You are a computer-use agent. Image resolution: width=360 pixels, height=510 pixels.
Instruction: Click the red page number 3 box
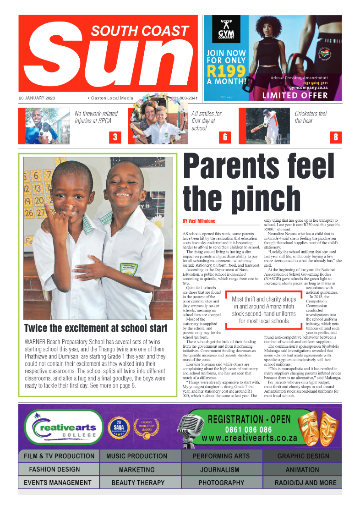click(115, 137)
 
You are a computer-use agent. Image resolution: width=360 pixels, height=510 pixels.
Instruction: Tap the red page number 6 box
click(225, 137)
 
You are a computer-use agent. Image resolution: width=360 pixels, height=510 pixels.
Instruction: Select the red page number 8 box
click(335, 137)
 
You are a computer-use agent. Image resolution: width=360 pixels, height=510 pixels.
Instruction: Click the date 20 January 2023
click(37, 98)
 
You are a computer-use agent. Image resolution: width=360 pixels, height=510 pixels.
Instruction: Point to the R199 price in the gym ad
click(224, 70)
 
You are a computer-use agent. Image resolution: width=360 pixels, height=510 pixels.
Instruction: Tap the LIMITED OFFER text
click(295, 95)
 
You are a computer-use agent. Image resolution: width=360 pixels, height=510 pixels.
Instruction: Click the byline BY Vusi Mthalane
click(199, 221)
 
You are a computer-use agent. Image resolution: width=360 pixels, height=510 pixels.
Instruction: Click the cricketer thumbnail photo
click(264, 126)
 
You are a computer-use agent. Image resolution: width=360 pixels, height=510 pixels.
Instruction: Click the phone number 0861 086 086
click(248, 430)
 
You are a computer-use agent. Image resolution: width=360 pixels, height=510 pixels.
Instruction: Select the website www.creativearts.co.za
click(250, 438)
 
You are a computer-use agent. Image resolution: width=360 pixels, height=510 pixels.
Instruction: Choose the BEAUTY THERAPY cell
click(138, 483)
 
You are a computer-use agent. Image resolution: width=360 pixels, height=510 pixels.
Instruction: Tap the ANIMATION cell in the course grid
click(302, 469)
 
